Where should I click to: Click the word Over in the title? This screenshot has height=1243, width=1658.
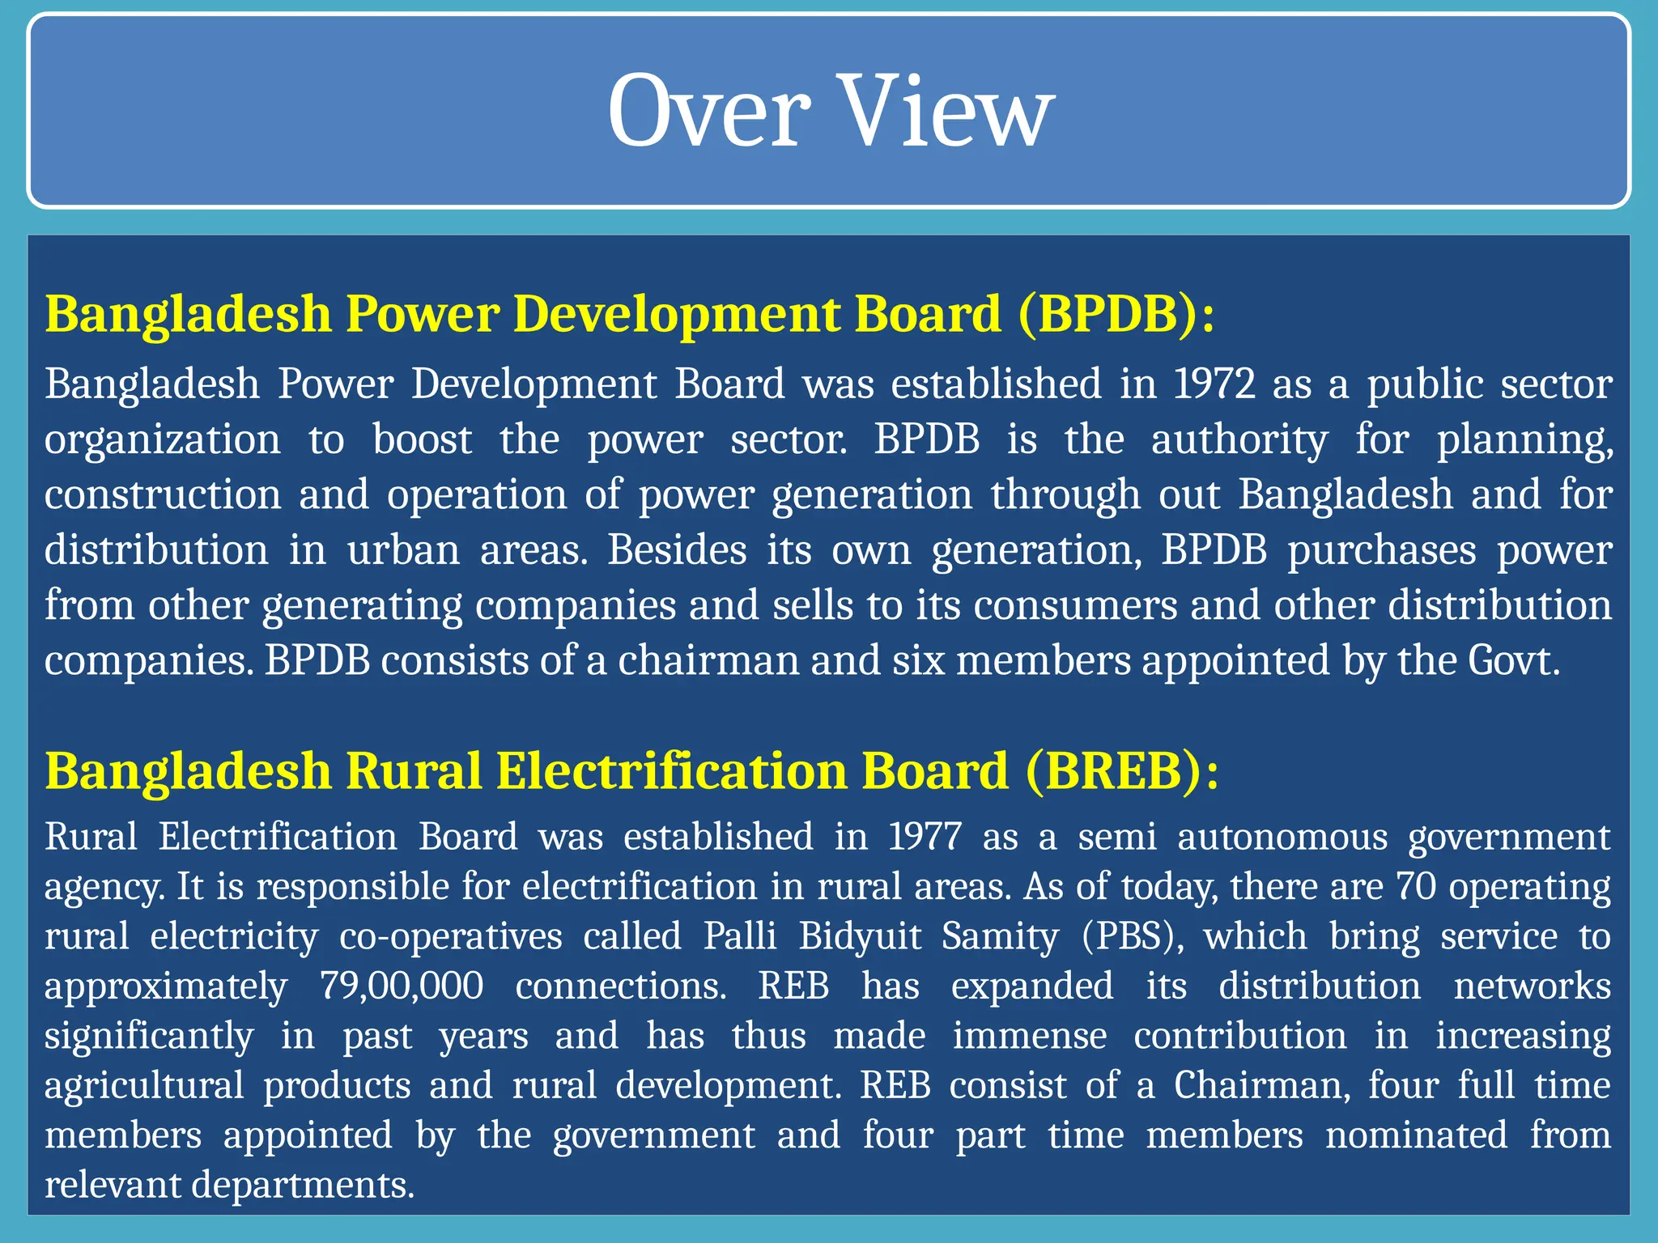(708, 111)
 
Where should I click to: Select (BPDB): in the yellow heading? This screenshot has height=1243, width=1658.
(1116, 314)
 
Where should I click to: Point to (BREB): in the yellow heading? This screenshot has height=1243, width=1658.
(1121, 770)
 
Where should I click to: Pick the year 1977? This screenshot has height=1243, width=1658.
(925, 837)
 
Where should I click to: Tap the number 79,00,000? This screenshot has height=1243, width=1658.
(402, 986)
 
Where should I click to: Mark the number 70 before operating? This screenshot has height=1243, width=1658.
(1416, 887)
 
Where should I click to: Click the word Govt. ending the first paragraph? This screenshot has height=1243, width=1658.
(1513, 660)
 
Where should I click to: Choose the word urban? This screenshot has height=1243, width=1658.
(403, 550)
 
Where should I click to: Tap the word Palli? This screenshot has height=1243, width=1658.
(740, 937)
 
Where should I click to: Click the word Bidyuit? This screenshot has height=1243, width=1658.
(860, 937)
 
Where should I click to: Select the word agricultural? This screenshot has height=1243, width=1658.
(144, 1086)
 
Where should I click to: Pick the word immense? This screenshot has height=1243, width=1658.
(1029, 1037)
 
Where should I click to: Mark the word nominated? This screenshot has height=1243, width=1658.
(1416, 1135)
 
